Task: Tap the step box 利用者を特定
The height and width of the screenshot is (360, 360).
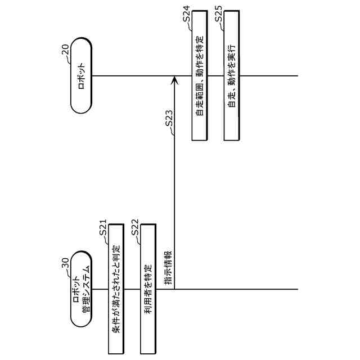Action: (x=147, y=289)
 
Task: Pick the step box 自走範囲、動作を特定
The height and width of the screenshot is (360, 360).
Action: (x=199, y=76)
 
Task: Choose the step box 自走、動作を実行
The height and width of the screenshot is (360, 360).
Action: (x=231, y=76)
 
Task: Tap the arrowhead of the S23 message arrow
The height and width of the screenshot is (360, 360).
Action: (x=174, y=82)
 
